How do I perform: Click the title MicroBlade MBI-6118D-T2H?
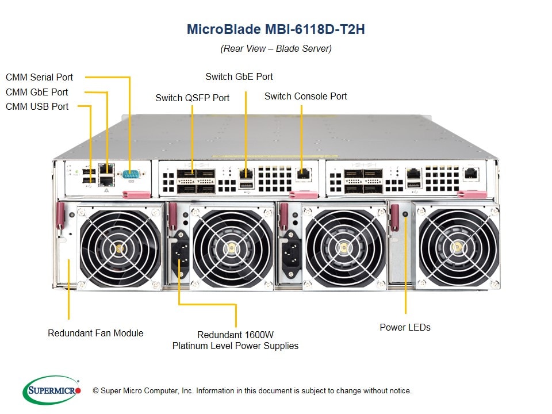[276, 29]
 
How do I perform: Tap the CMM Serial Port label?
[40, 77]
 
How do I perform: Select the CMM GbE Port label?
[37, 92]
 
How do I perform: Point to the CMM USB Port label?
[37, 106]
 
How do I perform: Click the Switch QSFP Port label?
[192, 98]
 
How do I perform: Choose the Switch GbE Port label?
[239, 76]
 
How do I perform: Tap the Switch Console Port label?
[305, 96]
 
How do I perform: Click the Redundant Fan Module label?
[95, 333]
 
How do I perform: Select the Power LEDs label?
[405, 327]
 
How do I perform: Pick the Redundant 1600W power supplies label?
[236, 340]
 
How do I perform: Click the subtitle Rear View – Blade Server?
[276, 48]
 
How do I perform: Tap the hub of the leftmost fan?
[120, 248]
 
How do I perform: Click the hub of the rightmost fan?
[458, 248]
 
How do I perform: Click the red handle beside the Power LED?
[395, 218]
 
